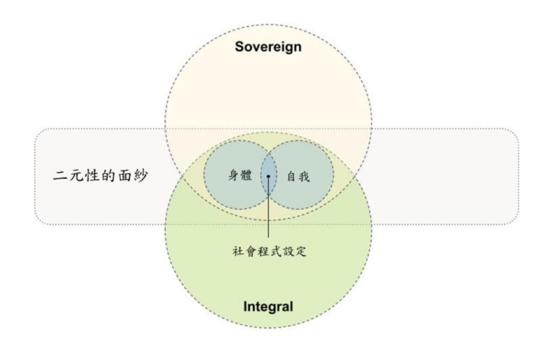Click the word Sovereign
[268, 47]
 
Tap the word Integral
[268, 306]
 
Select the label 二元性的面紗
[100, 175]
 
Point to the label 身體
[240, 175]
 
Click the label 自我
[298, 176]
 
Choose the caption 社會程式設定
[269, 251]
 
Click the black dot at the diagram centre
[269, 177]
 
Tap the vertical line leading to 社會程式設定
[269, 208]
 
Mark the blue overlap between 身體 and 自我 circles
[269, 175]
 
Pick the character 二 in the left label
[60, 175]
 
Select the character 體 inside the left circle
[246, 175]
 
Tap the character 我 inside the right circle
[305, 176]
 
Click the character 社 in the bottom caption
[238, 251]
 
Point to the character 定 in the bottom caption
[300, 251]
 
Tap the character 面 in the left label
[125, 175]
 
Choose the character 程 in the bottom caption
[263, 251]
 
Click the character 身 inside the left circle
[234, 175]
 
